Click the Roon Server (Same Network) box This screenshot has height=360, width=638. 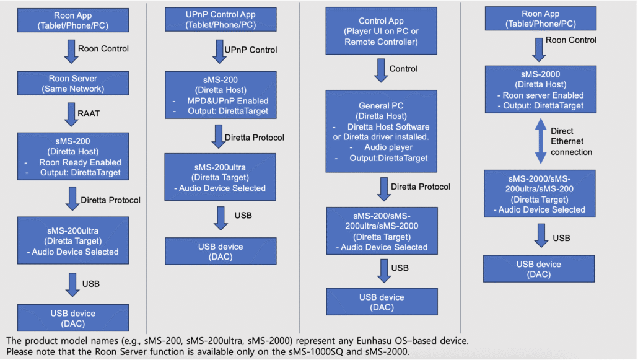click(x=73, y=84)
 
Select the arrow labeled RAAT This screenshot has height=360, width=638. click(x=72, y=115)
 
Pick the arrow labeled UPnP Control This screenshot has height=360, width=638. click(x=220, y=50)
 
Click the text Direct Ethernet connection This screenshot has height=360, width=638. click(x=570, y=141)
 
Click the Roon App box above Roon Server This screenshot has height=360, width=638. click(x=73, y=19)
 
